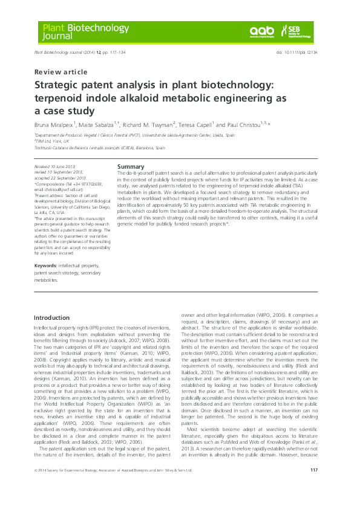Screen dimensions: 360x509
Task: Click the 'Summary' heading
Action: [x=130, y=166]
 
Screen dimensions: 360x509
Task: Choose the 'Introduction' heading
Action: [x=52, y=317]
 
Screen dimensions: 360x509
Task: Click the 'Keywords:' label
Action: [x=46, y=265]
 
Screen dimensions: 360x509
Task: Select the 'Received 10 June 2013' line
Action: [x=55, y=166]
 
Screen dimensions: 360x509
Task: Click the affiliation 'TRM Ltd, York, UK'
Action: [x=52, y=141]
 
